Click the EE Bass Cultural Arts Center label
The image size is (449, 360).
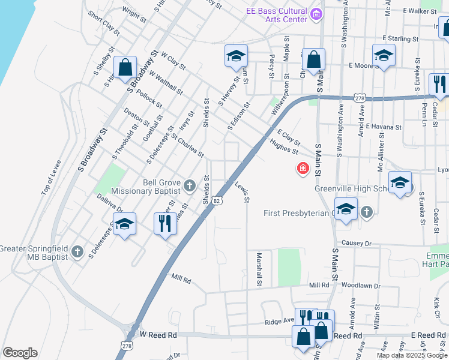click(276, 15)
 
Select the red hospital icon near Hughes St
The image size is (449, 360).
click(303, 169)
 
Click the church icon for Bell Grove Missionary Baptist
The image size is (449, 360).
click(189, 185)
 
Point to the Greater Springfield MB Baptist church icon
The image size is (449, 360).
click(77, 251)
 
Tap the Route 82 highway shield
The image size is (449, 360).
click(217, 201)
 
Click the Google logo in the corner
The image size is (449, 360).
click(20, 353)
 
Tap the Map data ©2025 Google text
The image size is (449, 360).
click(412, 355)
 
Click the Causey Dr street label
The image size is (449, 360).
click(357, 243)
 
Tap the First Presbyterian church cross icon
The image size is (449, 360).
click(366, 211)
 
